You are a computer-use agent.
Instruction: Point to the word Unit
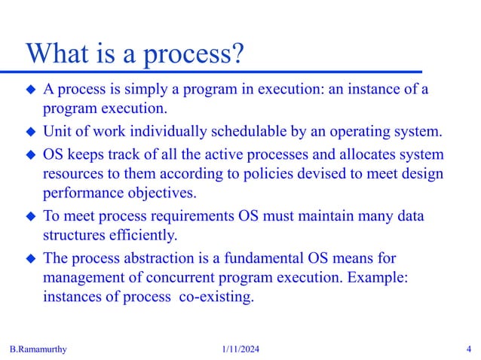pos(57,133)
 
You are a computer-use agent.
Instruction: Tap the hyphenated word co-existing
pos(216,296)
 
